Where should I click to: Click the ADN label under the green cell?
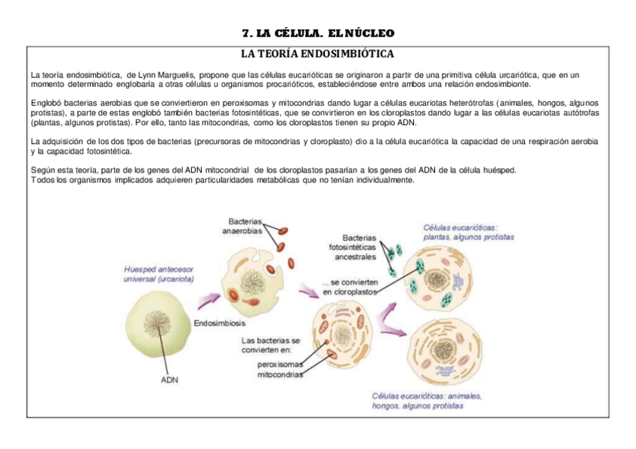pyautogui.click(x=170, y=379)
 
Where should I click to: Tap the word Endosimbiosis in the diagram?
pyautogui.click(x=218, y=324)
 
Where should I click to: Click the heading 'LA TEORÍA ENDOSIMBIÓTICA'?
pyautogui.click(x=316, y=54)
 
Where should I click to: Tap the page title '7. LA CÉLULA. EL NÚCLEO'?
pyautogui.click(x=318, y=33)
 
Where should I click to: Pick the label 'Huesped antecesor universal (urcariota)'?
pyautogui.click(x=159, y=274)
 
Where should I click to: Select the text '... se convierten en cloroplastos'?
pyautogui.click(x=349, y=287)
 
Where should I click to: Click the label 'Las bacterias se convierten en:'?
pyautogui.click(x=270, y=345)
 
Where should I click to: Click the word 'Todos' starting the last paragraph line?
pyautogui.click(x=40, y=180)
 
